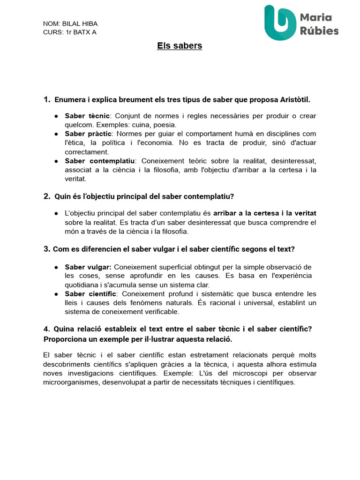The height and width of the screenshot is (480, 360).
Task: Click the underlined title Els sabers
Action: pos(180,46)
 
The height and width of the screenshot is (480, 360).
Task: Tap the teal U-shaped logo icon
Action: pos(280,22)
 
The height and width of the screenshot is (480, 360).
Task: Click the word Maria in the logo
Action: pos(315,17)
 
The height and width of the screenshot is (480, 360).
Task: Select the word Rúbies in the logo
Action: pos(319,31)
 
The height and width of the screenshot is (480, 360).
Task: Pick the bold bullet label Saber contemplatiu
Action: pos(99,161)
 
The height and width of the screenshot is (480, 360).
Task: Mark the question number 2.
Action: pos(47,196)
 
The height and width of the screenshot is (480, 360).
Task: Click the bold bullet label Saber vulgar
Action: pos(88,267)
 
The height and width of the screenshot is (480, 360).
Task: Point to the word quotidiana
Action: pos(82,285)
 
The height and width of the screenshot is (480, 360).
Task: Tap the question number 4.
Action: pos(46,329)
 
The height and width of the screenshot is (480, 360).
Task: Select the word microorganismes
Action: pos(70,382)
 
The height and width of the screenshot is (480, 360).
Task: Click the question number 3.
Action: pos(47,249)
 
